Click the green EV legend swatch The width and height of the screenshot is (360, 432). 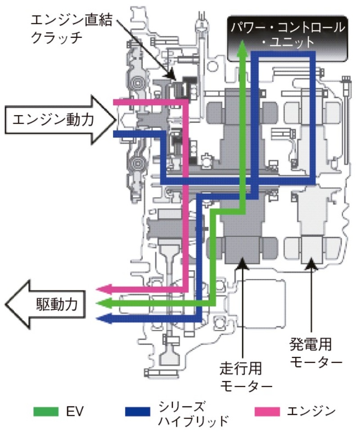click(x=47, y=410)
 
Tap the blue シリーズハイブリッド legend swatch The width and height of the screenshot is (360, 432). click(x=138, y=410)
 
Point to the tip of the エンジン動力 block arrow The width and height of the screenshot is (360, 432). click(x=116, y=119)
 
